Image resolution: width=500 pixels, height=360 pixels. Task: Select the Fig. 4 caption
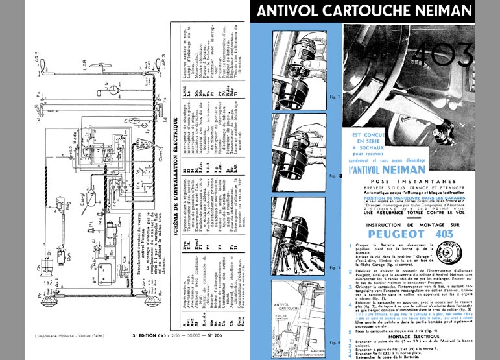(x=334, y=341)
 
